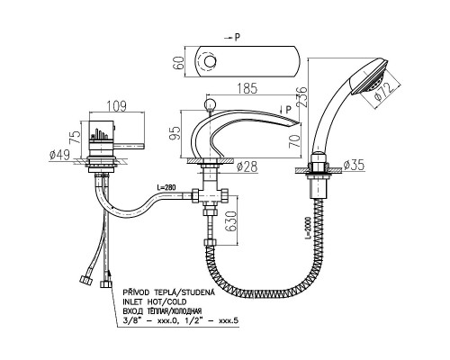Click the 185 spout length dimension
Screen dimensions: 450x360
[247, 88]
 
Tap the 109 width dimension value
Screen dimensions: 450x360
[117, 106]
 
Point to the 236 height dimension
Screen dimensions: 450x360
[302, 96]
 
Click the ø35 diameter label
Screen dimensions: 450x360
[354, 166]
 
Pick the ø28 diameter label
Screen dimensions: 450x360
[247, 167]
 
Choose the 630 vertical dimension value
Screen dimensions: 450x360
[231, 221]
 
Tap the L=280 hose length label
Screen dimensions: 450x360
[166, 188]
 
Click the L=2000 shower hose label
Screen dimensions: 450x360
[308, 228]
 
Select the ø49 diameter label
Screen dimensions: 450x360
[60, 155]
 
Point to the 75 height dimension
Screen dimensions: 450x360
[76, 136]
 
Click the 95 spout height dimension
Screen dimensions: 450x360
[175, 134]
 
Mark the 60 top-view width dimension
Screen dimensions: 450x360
[179, 62]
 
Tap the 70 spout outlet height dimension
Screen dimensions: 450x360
[294, 141]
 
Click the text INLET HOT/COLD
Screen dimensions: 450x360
[155, 301]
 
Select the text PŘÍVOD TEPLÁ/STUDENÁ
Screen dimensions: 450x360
[169, 292]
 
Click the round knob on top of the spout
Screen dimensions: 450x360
[210, 105]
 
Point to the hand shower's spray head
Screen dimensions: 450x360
[371, 76]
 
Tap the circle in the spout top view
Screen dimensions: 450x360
[210, 61]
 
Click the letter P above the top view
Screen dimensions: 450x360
[237, 38]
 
